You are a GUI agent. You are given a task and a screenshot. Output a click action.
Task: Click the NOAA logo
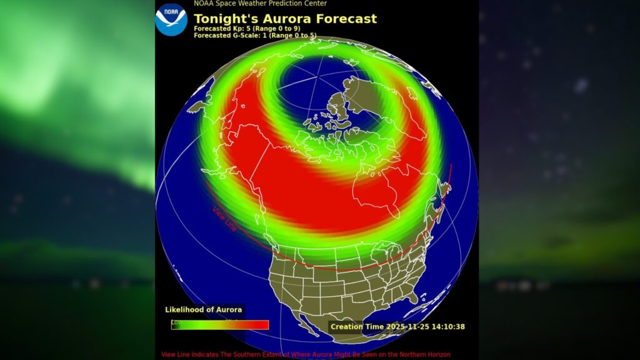pyautogui.click(x=171, y=19)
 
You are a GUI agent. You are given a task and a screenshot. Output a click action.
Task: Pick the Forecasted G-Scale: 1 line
pyautogui.click(x=255, y=36)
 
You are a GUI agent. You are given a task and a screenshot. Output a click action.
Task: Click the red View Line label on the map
pyautogui.click(x=224, y=219)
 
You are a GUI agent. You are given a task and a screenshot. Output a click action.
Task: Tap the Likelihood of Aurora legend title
pyautogui.click(x=203, y=310)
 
